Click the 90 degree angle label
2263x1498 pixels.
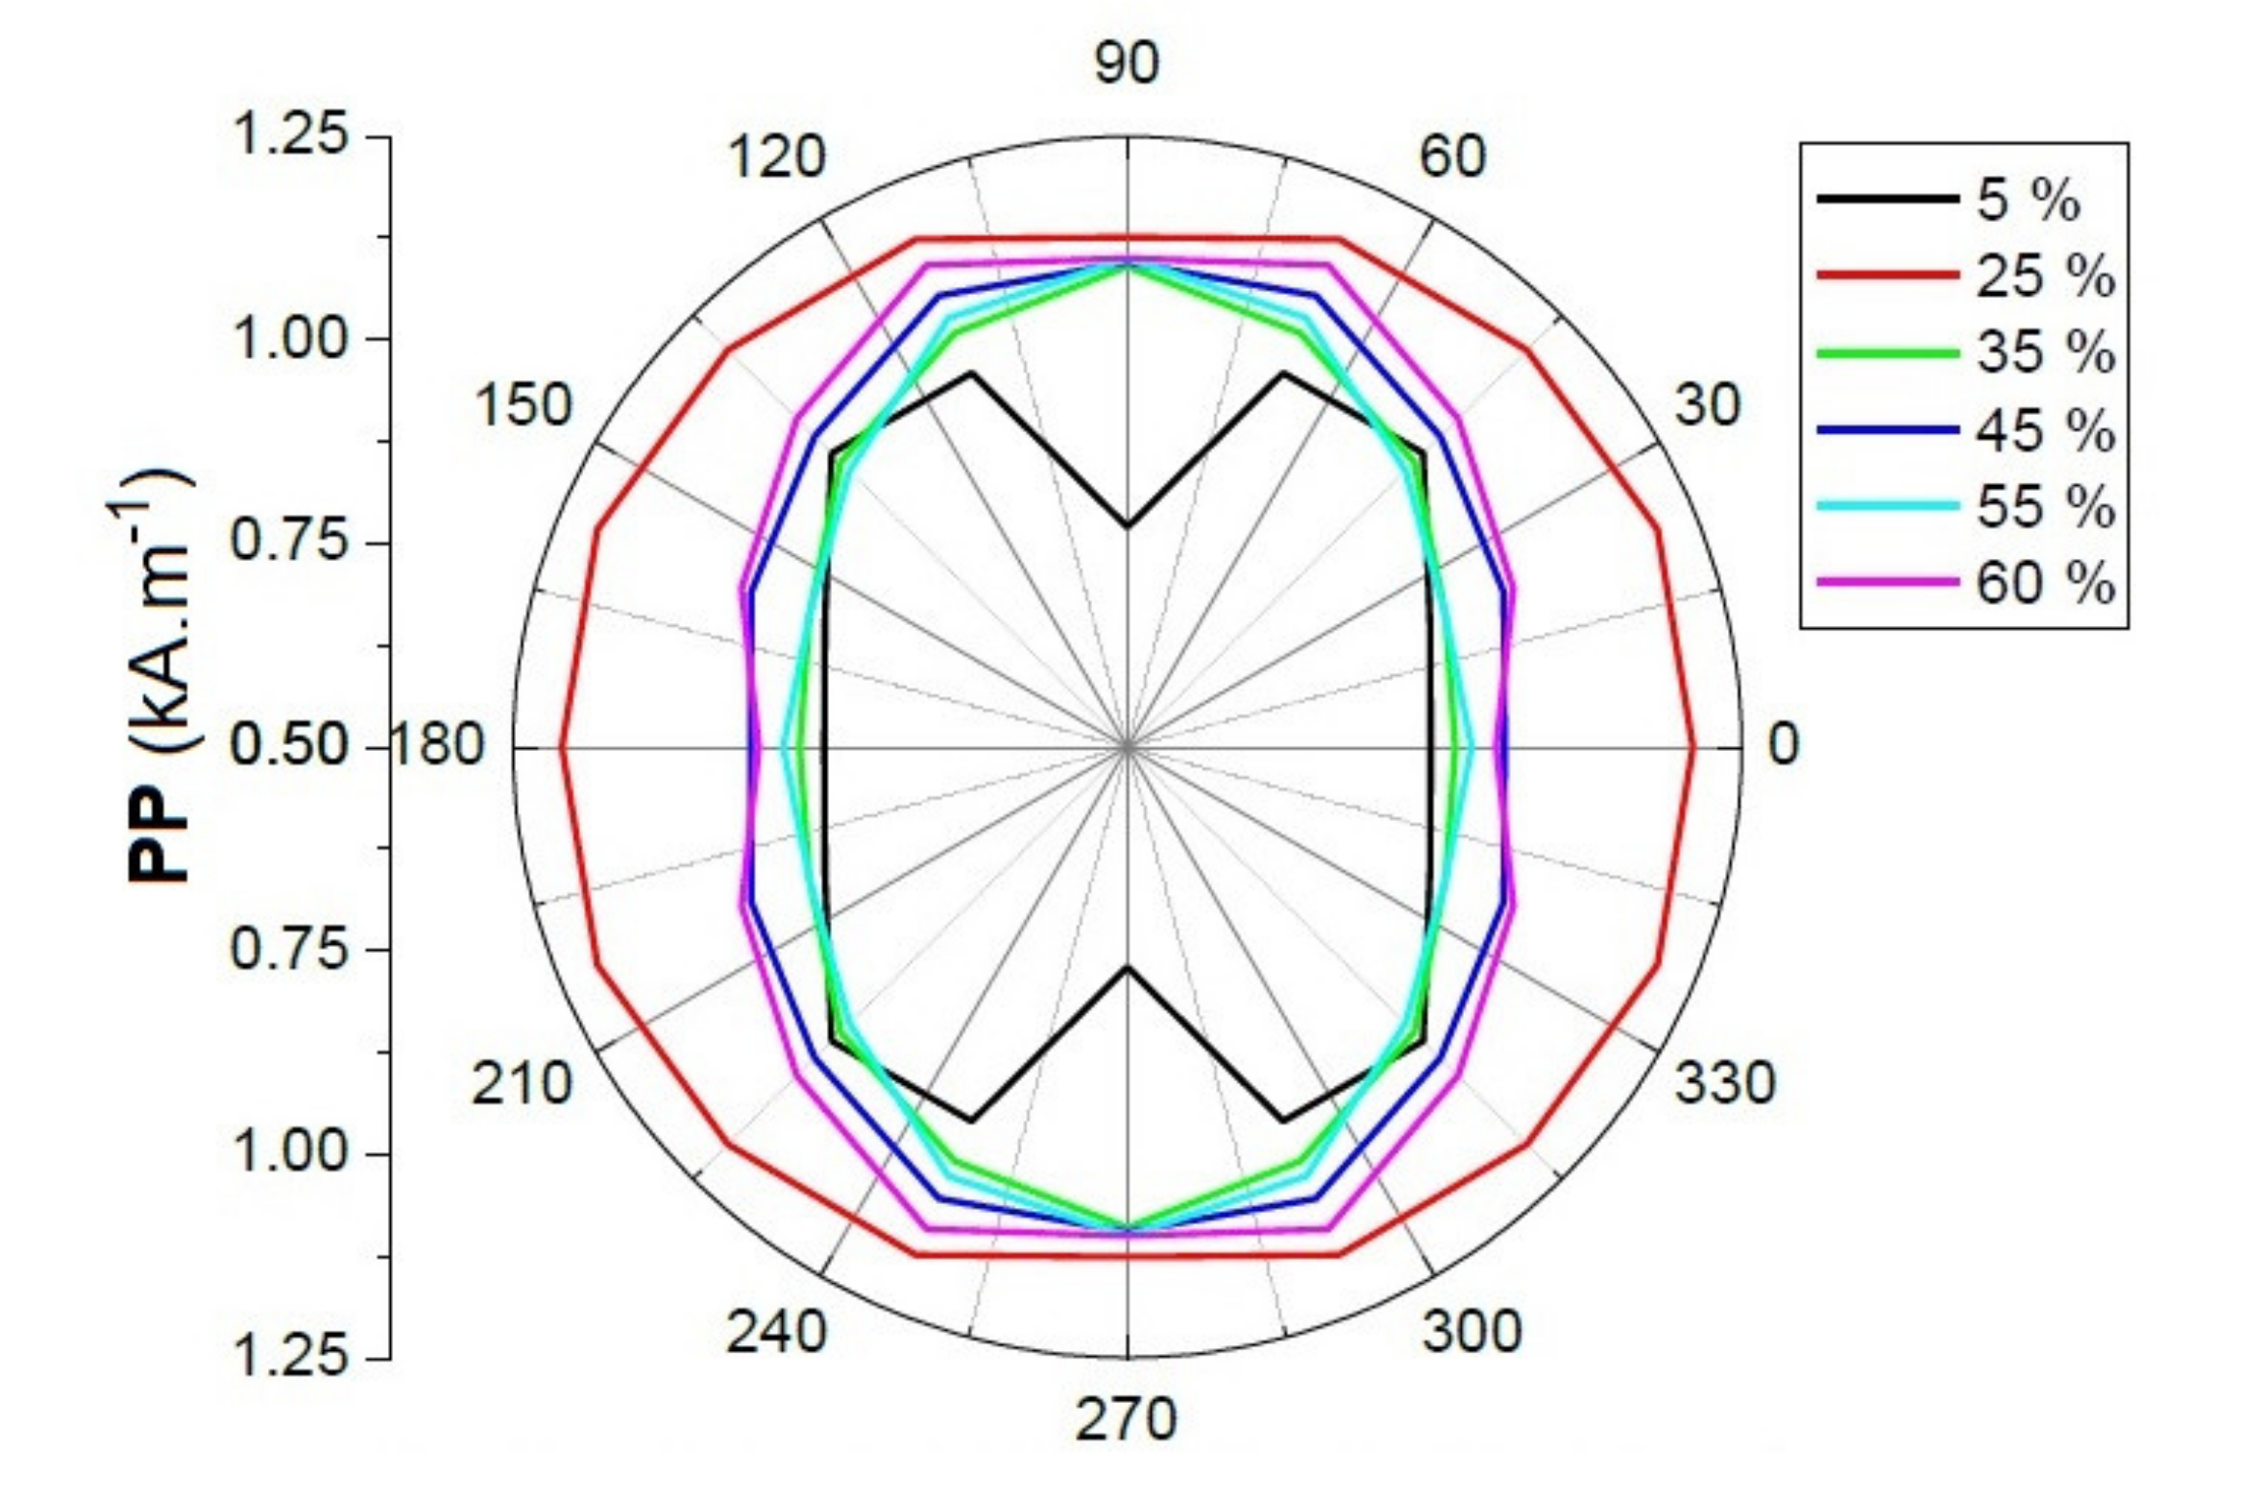pyautogui.click(x=1127, y=63)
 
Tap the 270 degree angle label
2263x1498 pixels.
pyautogui.click(x=1126, y=1419)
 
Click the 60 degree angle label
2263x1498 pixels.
pyautogui.click(x=1452, y=156)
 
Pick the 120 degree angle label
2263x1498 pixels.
pyautogui.click(x=777, y=157)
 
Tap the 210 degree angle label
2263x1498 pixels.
pyautogui.click(x=522, y=1084)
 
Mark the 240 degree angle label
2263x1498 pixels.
pyautogui.click(x=776, y=1332)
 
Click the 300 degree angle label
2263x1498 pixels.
pyautogui.click(x=1472, y=1332)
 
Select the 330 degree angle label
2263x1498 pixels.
pyautogui.click(x=1725, y=1084)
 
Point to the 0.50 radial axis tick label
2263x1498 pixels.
pyautogui.click(x=288, y=745)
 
